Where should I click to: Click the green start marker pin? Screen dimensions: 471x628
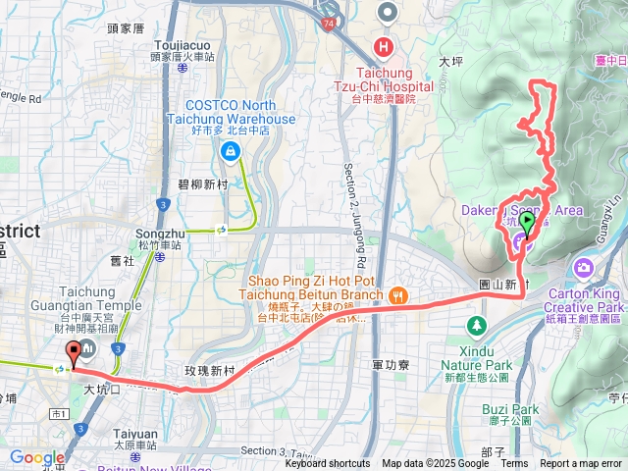pyautogui.click(x=528, y=224)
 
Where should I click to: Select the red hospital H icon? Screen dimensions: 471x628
pyautogui.click(x=383, y=46)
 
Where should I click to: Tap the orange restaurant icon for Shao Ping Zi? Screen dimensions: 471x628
pyautogui.click(x=397, y=294)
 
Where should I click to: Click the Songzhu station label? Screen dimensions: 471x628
pyautogui.click(x=159, y=235)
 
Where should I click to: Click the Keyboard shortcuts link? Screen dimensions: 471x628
pyautogui.click(x=328, y=464)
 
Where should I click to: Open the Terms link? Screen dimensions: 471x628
pyautogui.click(x=515, y=464)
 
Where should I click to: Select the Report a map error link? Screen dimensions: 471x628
pyautogui.click(x=582, y=464)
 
